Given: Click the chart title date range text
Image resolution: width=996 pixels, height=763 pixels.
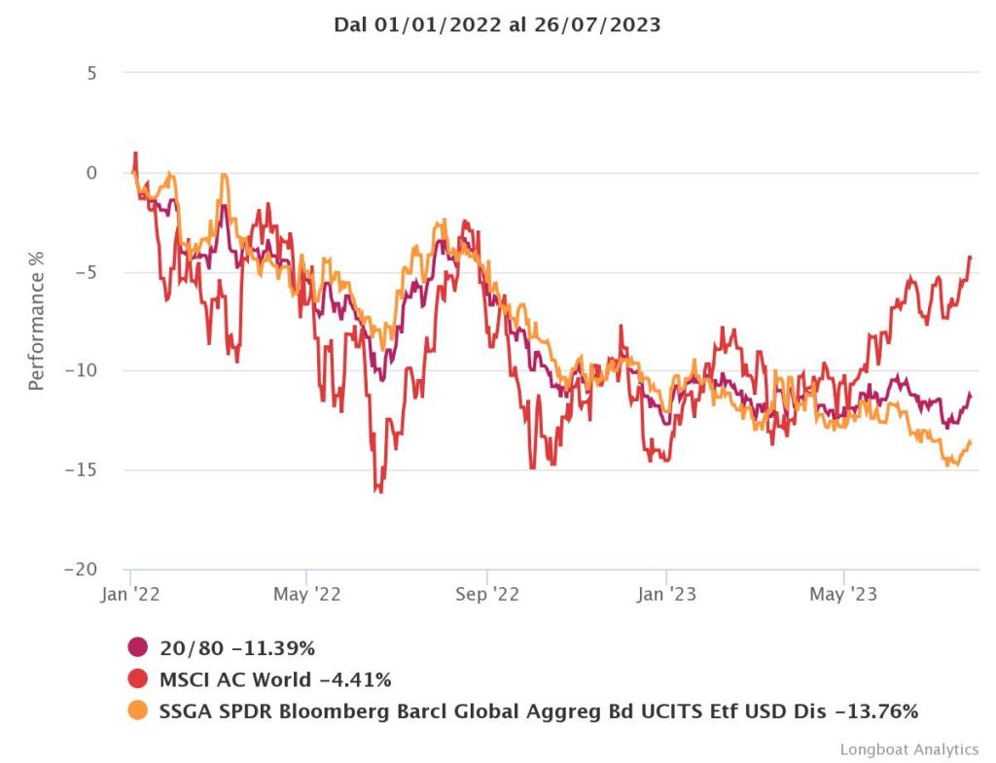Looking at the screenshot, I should pyautogui.click(x=497, y=25).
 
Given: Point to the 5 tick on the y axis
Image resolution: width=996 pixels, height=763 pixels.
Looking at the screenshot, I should pyautogui.click(x=91, y=73).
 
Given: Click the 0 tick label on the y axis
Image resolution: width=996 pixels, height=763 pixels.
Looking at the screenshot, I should pyautogui.click(x=91, y=173).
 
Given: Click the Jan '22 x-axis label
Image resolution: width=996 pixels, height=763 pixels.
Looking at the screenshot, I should pyautogui.click(x=130, y=594).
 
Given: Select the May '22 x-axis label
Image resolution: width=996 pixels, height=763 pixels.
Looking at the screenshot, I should pyautogui.click(x=306, y=594).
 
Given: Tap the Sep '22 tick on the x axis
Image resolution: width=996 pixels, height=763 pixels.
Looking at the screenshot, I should pyautogui.click(x=486, y=594).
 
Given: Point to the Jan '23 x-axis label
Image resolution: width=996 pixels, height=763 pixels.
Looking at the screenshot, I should pyautogui.click(x=666, y=594).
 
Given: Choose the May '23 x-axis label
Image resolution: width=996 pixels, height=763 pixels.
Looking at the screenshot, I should pyautogui.click(x=844, y=594).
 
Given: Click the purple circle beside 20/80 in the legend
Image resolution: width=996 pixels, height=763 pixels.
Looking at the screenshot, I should pyautogui.click(x=138, y=647).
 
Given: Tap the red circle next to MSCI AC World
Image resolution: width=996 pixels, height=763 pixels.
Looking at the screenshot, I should pyautogui.click(x=138, y=678).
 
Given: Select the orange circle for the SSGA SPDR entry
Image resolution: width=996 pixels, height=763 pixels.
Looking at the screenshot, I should pyautogui.click(x=138, y=711).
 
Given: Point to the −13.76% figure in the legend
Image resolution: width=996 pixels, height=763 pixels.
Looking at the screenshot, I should pyautogui.click(x=875, y=711).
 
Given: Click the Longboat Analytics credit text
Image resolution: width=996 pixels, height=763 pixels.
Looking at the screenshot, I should pyautogui.click(x=909, y=748).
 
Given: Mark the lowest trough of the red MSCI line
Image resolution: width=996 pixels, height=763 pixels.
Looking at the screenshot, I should pyautogui.click(x=378, y=492).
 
